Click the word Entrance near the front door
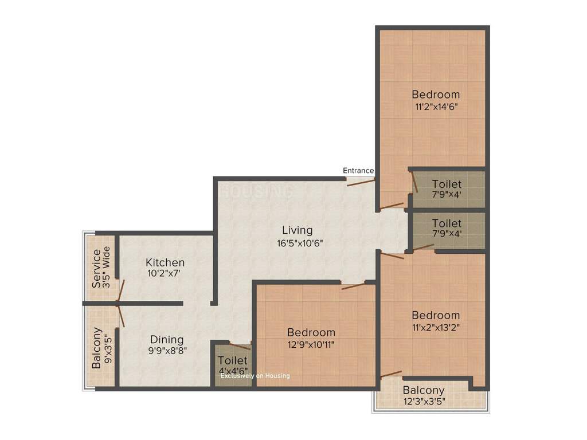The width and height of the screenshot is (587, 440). tap(358, 171)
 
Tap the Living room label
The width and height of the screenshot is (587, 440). tap(297, 230)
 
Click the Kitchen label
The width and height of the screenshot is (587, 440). tap(165, 262)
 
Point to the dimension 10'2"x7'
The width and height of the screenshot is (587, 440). tap(164, 273)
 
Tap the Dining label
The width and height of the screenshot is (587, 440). tap(167, 339)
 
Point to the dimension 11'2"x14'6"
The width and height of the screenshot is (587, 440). tap(436, 106)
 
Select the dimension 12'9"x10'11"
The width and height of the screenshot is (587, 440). tap(311, 344)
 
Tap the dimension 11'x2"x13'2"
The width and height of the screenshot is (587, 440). tap(436, 328)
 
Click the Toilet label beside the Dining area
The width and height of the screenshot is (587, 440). tap(232, 361)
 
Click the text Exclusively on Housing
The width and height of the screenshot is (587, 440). tap(255, 376)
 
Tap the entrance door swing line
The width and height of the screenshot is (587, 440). tap(360, 182)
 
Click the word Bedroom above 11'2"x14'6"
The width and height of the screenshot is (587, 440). tap(436, 95)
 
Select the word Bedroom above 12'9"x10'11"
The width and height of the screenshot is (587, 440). tap(311, 332)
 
